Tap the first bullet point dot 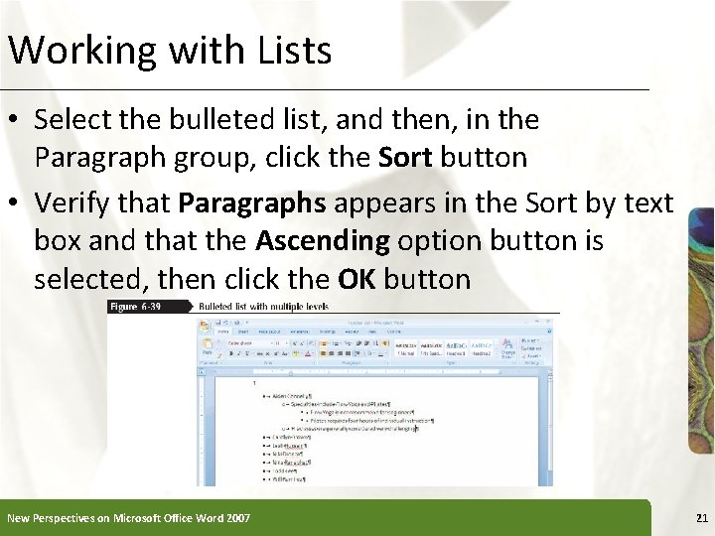pyautogui.click(x=17, y=121)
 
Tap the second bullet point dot pyautogui.click(x=17, y=205)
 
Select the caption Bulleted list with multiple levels pyautogui.click(x=265, y=306)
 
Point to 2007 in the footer pyautogui.click(x=236, y=517)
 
